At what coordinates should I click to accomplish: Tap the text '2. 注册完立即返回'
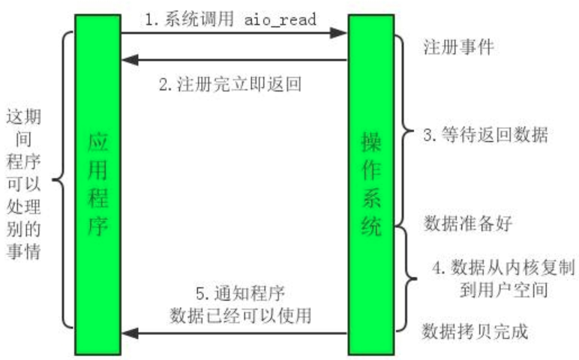(229, 84)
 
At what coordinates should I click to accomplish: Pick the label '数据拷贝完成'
(475, 331)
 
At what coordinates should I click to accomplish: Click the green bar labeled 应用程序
(97, 184)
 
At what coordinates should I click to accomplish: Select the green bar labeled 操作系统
(370, 184)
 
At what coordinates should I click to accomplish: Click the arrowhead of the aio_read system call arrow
(341, 32)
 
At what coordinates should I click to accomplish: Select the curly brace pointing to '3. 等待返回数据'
(405, 135)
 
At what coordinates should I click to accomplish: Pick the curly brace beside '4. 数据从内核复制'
(406, 276)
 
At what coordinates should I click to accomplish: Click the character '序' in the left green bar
(97, 227)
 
